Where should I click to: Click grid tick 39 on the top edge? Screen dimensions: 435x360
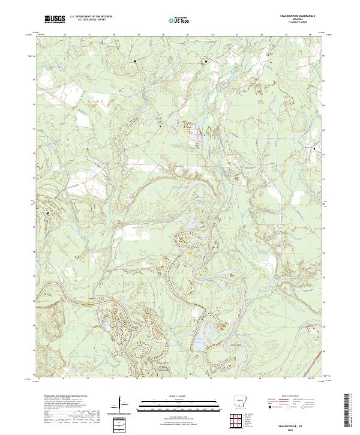click(x=138, y=35)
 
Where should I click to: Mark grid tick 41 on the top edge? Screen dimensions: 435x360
click(x=188, y=35)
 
